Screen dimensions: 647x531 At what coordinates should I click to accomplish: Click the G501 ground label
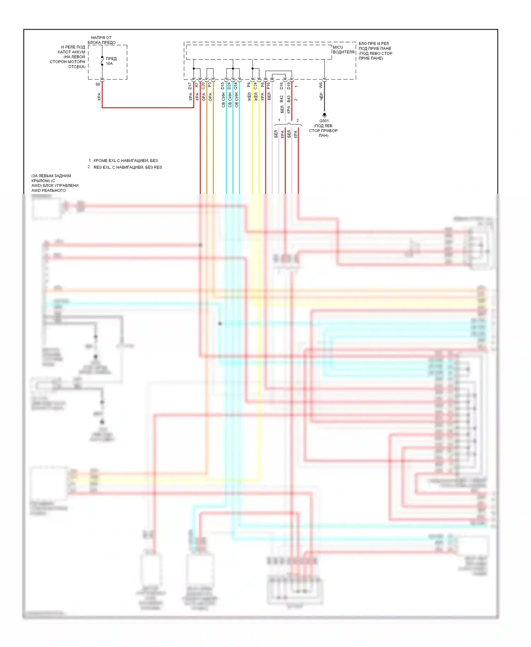324,121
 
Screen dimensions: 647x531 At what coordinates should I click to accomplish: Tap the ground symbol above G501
324,115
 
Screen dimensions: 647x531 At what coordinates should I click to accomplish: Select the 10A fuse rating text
109,64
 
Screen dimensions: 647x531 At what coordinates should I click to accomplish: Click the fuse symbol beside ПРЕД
102,61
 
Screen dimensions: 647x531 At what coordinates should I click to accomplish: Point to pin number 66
98,84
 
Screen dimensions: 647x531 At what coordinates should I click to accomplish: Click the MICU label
338,47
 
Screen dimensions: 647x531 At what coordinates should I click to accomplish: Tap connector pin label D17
190,86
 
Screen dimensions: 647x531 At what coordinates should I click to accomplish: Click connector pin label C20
203,86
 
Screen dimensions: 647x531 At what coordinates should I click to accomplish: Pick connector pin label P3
210,85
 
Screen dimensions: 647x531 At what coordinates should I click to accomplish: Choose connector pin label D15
223,86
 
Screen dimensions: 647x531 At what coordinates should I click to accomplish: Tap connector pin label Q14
236,86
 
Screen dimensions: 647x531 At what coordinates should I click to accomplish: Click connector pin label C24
255,86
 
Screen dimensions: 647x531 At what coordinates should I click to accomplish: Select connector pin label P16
269,86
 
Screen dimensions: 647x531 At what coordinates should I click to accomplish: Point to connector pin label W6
321,85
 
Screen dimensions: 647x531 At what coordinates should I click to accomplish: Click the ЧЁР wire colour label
321,97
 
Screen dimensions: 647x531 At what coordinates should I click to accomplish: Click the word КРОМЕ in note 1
101,161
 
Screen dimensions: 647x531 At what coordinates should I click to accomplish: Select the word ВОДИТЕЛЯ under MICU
343,52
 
